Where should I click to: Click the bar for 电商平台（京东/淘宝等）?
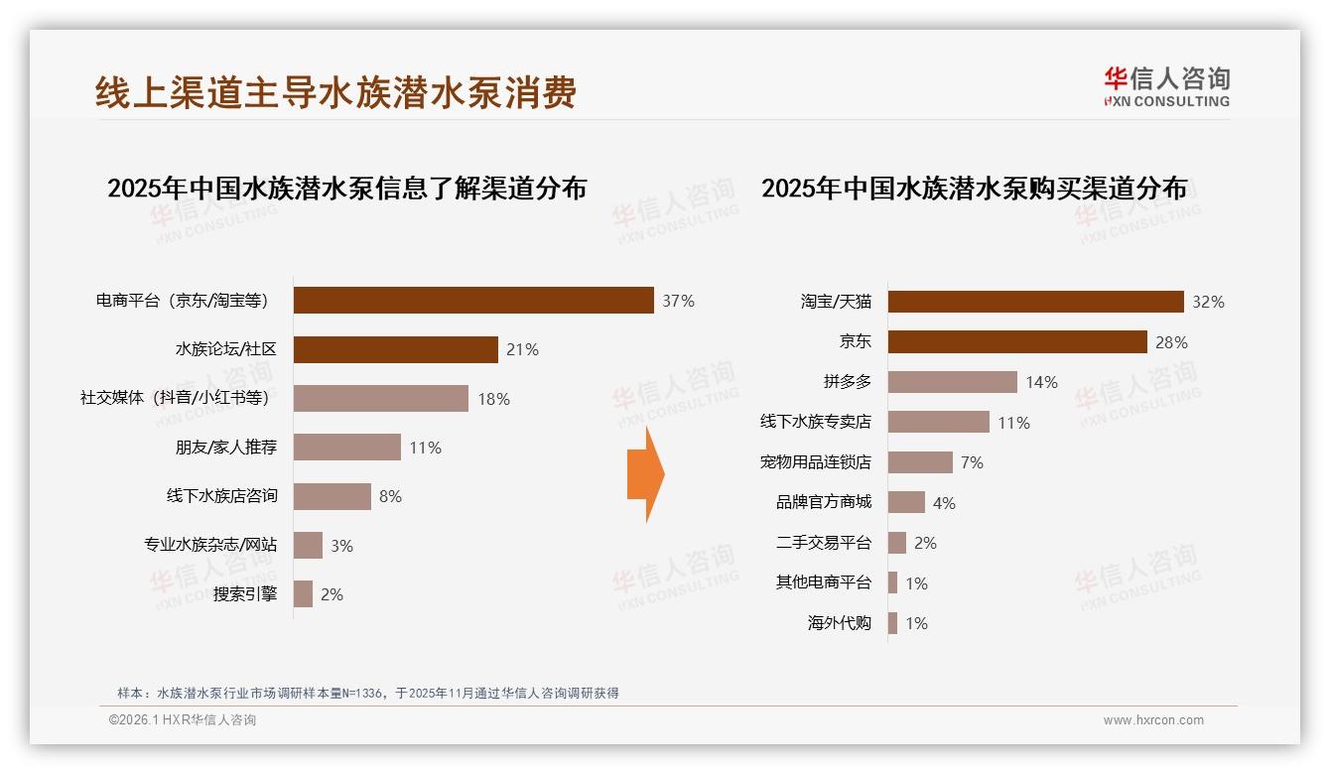click(x=473, y=301)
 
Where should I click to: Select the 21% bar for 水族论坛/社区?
click(x=395, y=349)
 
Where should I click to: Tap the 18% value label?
click(x=493, y=399)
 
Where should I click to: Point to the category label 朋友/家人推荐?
click(x=226, y=448)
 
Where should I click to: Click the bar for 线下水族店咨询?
click(x=332, y=496)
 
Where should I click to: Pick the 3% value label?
click(x=341, y=546)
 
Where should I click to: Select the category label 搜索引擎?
click(x=245, y=594)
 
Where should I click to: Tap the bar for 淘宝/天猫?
click(x=1035, y=302)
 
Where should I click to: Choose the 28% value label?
click(x=1171, y=342)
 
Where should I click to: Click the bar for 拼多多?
click(x=952, y=382)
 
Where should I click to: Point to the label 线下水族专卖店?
click(x=816, y=422)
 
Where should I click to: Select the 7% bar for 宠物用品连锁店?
click(x=920, y=462)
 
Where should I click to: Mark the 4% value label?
click(x=944, y=503)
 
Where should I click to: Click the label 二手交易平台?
click(x=824, y=543)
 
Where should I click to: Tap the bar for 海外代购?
click(x=893, y=623)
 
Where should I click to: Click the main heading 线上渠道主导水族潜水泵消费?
click(x=335, y=93)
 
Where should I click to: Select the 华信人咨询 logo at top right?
click(x=1166, y=86)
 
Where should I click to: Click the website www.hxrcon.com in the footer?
click(x=1153, y=720)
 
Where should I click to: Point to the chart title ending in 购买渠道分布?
click(x=974, y=189)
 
